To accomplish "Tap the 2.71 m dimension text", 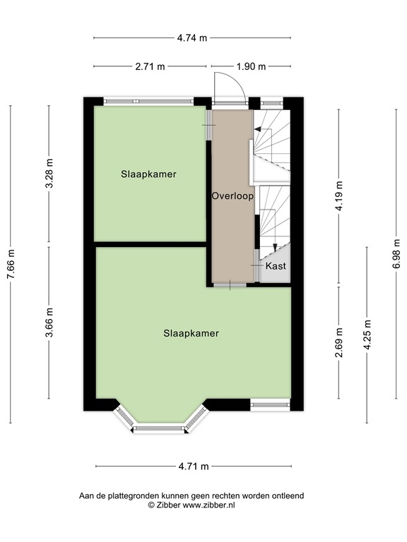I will [150, 67].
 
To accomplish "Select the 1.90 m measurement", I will [252, 67].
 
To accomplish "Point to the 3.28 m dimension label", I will [49, 173].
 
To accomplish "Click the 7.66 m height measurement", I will [10, 264].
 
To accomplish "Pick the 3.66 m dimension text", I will [49, 323].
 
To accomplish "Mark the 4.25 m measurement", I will [367, 335].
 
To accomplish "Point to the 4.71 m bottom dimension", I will [193, 466].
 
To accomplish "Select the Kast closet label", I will [275, 266].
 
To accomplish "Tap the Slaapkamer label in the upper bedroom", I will [148, 174].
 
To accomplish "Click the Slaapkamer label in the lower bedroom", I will [191, 333].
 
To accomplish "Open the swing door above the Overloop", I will [228, 88].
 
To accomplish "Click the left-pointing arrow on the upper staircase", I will [259, 130].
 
